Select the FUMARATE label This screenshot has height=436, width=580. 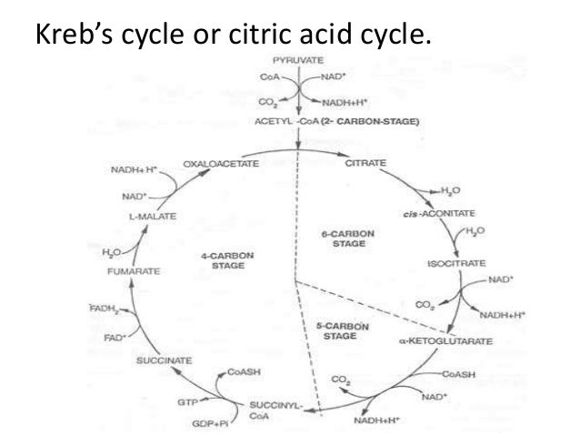coord(134,269)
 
